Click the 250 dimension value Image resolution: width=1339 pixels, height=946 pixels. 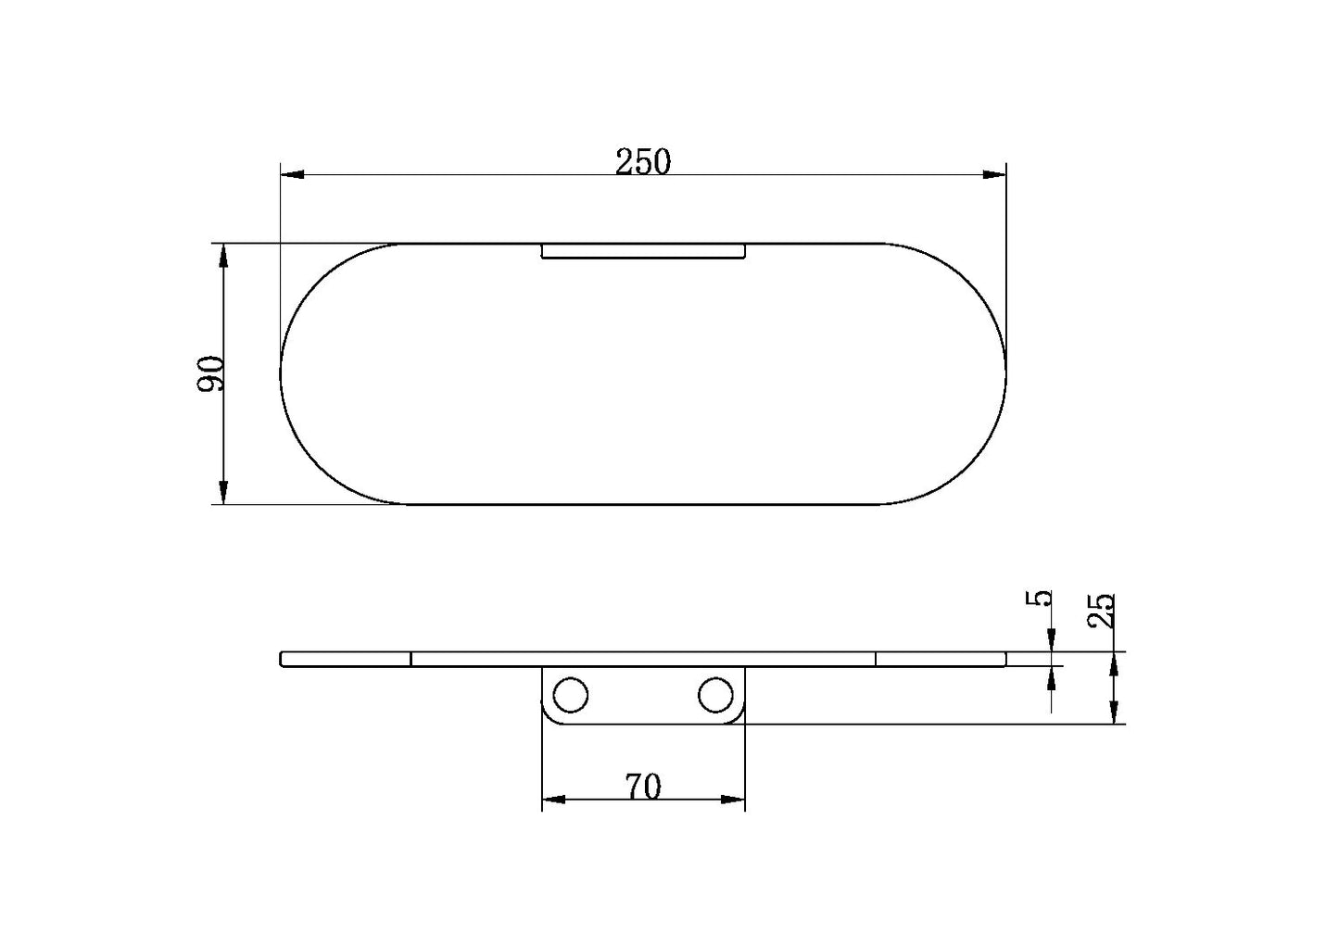[x=643, y=161]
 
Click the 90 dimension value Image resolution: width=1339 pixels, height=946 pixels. [x=210, y=373]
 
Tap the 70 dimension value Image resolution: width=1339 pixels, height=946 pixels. [x=643, y=787]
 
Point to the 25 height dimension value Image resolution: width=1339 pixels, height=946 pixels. [x=1101, y=611]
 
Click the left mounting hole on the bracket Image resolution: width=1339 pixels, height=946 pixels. [x=570, y=695]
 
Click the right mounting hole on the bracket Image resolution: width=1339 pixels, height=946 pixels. [x=715, y=695]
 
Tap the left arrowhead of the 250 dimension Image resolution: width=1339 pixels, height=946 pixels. [x=293, y=174]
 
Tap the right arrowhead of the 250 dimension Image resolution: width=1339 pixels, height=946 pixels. [x=994, y=174]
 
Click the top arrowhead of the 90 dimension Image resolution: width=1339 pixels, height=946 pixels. [x=223, y=256]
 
